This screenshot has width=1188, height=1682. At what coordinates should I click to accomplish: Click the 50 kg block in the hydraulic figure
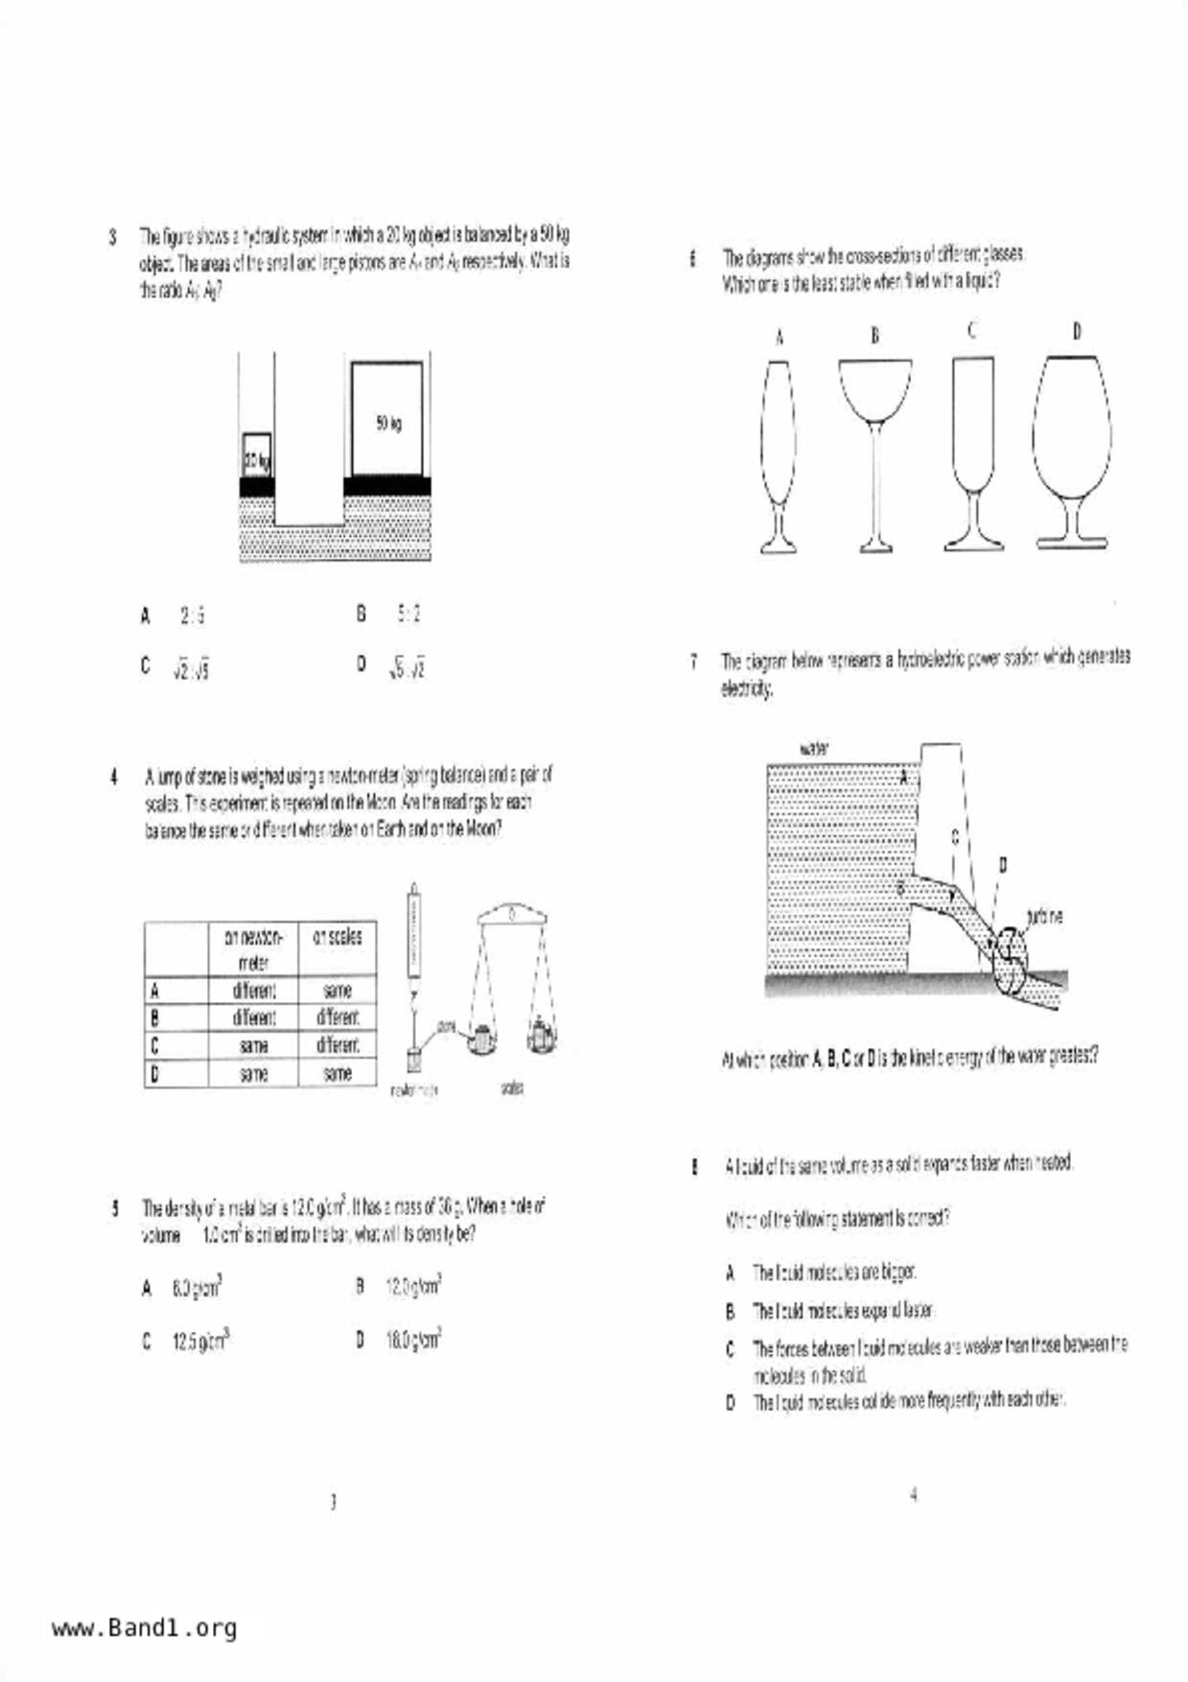coord(386,418)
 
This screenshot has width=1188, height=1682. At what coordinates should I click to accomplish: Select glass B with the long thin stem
coord(874,451)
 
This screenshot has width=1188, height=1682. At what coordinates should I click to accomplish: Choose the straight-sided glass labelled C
coord(973,451)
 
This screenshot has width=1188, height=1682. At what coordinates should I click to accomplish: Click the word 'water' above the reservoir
coord(813,749)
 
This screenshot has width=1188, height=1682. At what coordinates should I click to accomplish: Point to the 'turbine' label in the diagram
coord(1044,918)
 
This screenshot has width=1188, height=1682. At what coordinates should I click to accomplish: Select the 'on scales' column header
coord(338,937)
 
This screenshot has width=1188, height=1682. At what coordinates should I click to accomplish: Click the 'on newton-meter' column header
coord(253,948)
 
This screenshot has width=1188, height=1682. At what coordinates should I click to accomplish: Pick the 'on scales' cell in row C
coord(338,1045)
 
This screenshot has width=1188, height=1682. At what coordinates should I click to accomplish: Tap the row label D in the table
coord(154,1074)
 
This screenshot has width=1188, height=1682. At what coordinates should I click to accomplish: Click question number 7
coord(692,662)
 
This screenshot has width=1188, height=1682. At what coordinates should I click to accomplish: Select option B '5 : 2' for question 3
coord(408,614)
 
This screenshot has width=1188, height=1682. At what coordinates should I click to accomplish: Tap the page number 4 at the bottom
coord(913,1494)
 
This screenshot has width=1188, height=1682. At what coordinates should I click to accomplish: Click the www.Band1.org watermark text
coord(144,1627)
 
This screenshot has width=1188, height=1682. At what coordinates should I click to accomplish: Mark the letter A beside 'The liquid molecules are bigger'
coord(730,1273)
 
